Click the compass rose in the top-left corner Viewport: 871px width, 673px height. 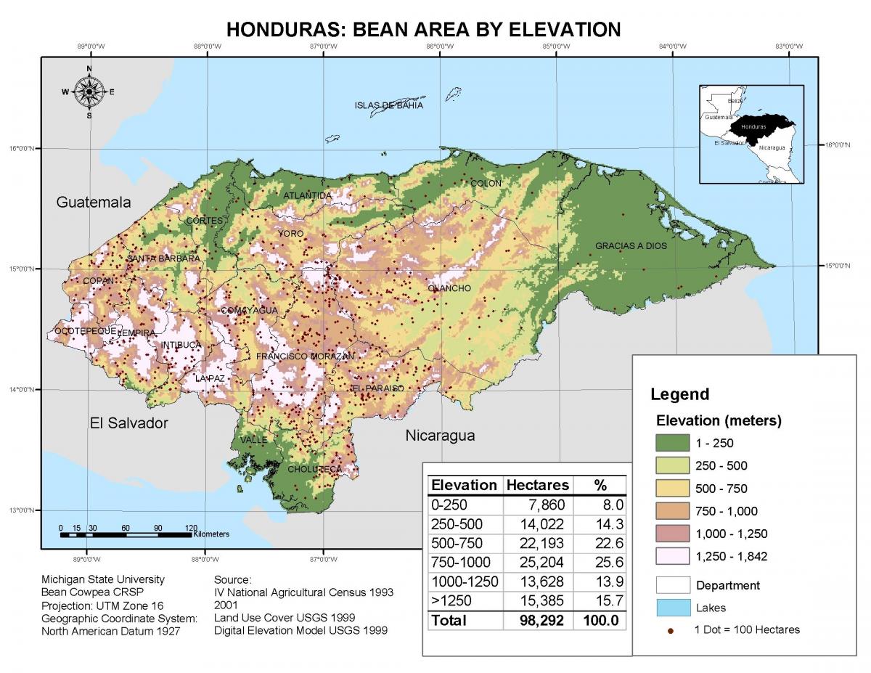[x=89, y=92]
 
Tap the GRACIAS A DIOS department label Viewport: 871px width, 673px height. [x=631, y=246]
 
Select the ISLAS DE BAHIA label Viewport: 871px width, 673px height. [x=388, y=105]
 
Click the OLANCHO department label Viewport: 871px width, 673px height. [x=449, y=288]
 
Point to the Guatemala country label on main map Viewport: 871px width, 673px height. [x=94, y=203]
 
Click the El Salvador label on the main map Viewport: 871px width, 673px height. [x=128, y=423]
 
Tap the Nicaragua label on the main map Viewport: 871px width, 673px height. [x=440, y=436]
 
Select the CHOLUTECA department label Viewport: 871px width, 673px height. [x=314, y=469]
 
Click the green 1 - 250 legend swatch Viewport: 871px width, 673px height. [x=671, y=443]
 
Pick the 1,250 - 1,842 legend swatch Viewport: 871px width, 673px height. [x=671, y=557]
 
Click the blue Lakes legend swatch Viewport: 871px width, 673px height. [x=671, y=608]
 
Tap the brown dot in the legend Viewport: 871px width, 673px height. [x=671, y=630]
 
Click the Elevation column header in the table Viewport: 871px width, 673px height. [x=464, y=485]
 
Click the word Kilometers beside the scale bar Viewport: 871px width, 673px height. [x=211, y=534]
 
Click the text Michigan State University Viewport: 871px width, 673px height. [x=103, y=579]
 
